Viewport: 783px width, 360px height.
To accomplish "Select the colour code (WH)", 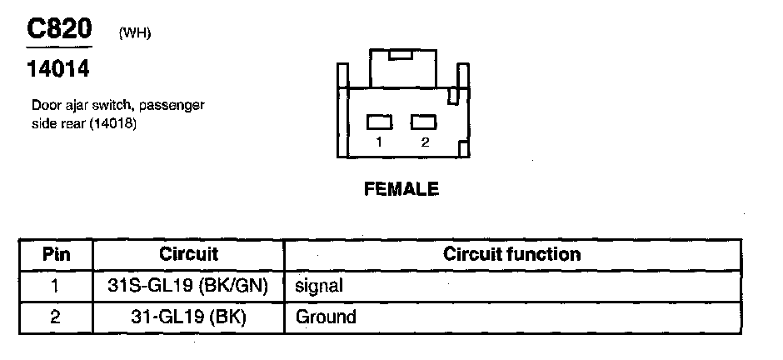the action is click(135, 33).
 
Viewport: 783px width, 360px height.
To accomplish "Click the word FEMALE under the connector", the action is click(401, 189).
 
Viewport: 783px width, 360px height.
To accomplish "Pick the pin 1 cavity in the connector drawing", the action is click(380, 122).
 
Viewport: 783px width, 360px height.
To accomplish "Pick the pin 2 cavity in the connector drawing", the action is click(424, 122).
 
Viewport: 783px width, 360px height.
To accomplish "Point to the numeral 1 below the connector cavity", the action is click(379, 142).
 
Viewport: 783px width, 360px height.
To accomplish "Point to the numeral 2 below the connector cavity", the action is click(425, 142).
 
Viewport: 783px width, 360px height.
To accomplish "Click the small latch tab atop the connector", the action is click(400, 55).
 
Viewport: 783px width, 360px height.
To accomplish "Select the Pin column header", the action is click(56, 254).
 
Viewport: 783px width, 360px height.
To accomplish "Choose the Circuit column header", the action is click(188, 254).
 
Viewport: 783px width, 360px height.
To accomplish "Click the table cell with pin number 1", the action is click(56, 286).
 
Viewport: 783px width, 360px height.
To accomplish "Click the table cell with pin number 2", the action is click(56, 317).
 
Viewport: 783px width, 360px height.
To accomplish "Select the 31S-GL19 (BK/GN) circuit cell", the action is click(188, 286).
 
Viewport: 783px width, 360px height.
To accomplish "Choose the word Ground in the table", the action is click(326, 317).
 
